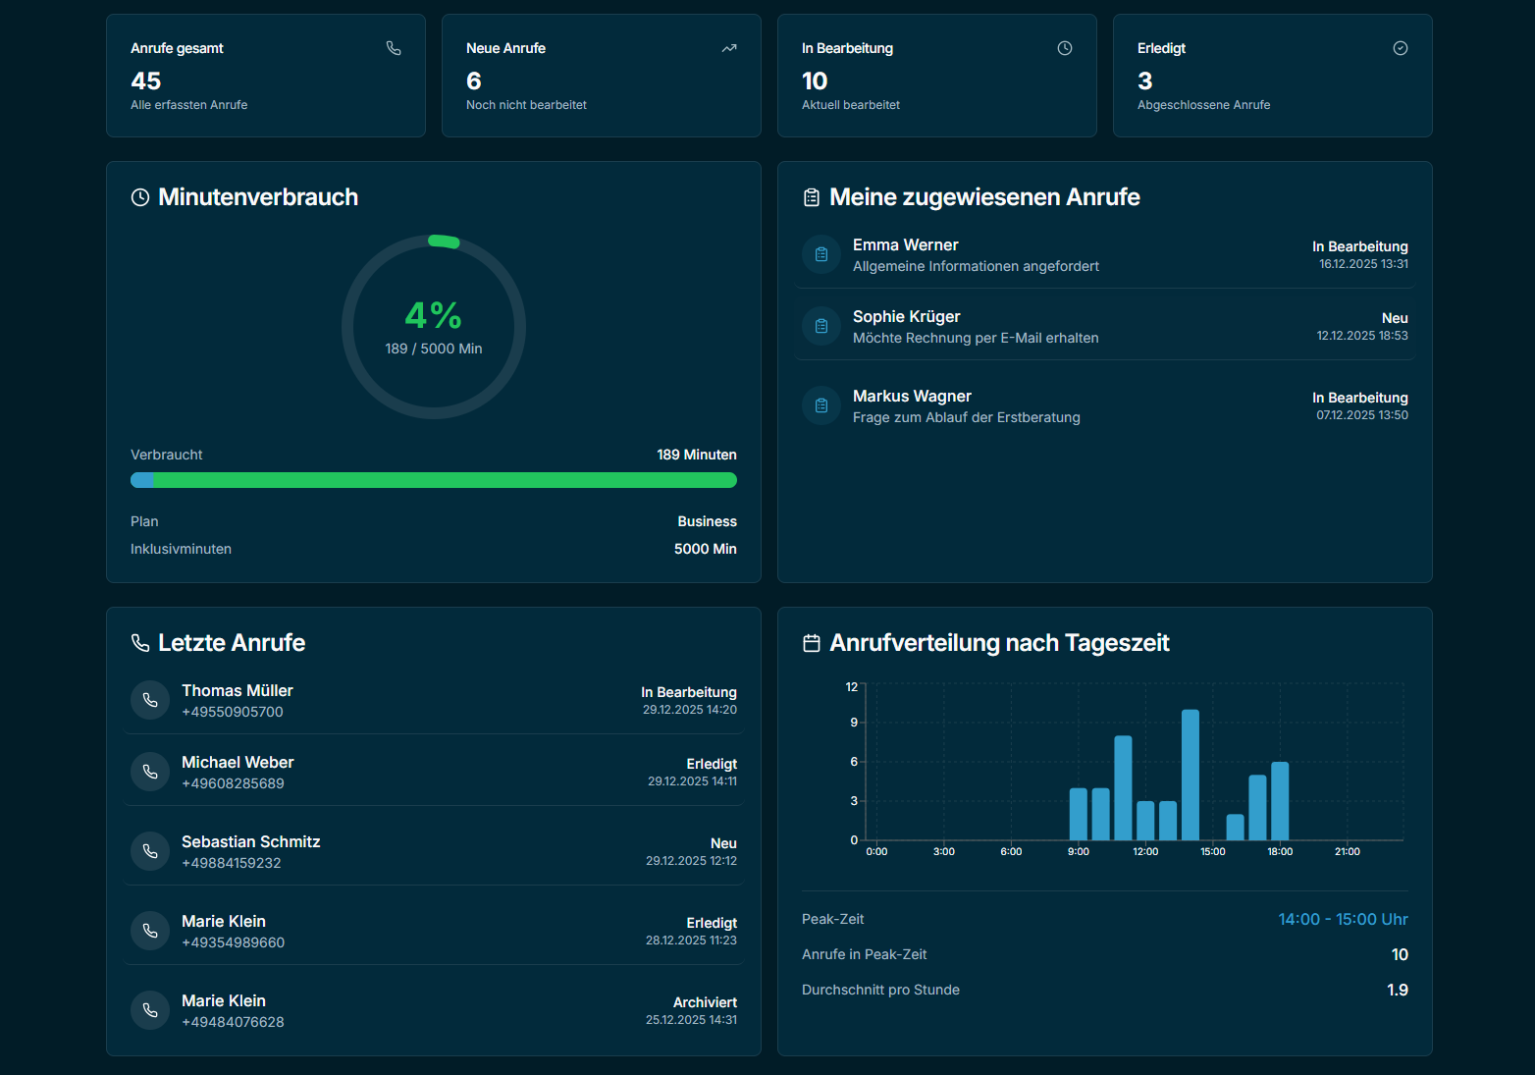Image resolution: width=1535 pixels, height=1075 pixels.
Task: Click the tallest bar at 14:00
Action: (x=1190, y=775)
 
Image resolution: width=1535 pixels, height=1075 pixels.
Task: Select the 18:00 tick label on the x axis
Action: (x=1280, y=852)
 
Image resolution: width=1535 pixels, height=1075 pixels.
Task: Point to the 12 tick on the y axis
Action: (x=852, y=687)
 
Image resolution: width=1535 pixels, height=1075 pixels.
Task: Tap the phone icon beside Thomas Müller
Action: (x=150, y=700)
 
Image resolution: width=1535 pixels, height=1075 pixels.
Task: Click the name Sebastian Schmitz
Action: (x=250, y=841)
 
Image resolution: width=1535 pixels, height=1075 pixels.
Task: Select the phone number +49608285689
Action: (x=233, y=783)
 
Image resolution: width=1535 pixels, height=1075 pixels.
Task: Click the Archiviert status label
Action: (x=705, y=1002)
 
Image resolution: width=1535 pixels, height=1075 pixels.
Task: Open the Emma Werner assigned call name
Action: (x=905, y=244)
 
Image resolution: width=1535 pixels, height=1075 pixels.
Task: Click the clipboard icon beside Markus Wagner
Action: (x=821, y=405)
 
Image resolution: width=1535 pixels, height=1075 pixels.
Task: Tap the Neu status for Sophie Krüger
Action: (x=1395, y=318)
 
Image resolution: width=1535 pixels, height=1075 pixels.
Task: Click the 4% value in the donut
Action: (x=433, y=315)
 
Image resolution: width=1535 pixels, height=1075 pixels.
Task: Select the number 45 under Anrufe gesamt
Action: (x=146, y=81)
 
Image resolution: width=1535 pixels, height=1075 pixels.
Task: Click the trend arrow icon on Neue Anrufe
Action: (x=729, y=48)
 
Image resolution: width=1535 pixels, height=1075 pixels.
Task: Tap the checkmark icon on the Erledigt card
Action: (x=1401, y=48)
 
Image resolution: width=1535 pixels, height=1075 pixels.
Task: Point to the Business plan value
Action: (x=707, y=521)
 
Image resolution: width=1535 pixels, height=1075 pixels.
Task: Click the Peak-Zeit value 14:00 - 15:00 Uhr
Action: (x=1343, y=919)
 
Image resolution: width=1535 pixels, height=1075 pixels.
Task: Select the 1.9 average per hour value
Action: (x=1398, y=990)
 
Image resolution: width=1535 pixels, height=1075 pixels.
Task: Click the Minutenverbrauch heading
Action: (x=258, y=197)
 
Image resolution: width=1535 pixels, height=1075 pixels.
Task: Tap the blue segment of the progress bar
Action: (x=142, y=480)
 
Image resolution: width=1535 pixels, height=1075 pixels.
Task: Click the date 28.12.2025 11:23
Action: (x=691, y=941)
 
